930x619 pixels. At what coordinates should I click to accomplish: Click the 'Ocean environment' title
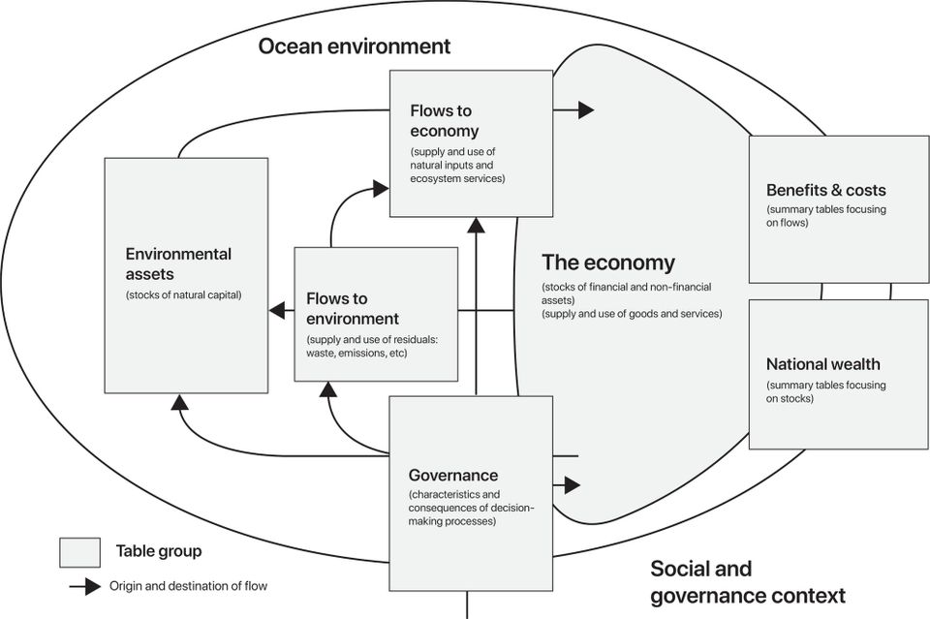(x=354, y=46)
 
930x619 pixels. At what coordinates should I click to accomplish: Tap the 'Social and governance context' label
(x=747, y=581)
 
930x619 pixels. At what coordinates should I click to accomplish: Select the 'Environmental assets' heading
(x=178, y=264)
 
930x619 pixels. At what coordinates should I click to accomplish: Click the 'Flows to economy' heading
(x=444, y=121)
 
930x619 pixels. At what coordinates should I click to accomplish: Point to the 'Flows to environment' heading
(x=352, y=308)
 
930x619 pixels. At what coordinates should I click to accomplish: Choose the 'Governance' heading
(x=453, y=475)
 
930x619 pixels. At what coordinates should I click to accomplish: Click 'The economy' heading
(x=607, y=263)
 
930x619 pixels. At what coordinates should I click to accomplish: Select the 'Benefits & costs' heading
(x=825, y=190)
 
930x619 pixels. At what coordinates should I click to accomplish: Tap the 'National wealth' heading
(x=822, y=364)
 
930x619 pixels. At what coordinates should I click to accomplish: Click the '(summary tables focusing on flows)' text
(x=825, y=216)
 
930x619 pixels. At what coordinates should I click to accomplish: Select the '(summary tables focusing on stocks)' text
(x=825, y=391)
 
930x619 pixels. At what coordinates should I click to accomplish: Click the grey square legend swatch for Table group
(x=80, y=552)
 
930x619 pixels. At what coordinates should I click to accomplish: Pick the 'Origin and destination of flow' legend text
(x=188, y=585)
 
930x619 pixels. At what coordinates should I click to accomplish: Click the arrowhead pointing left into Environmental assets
(x=277, y=311)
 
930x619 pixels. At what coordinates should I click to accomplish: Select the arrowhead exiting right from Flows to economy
(x=585, y=109)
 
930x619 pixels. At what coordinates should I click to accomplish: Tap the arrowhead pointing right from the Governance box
(x=573, y=484)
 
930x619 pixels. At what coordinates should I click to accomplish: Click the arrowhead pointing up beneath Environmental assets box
(x=177, y=401)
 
